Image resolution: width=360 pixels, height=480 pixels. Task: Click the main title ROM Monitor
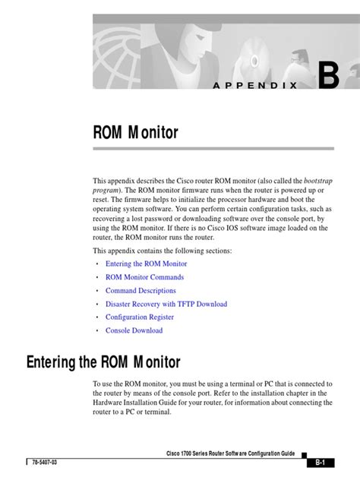coord(135,134)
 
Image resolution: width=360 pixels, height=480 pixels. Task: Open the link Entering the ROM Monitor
coord(146,264)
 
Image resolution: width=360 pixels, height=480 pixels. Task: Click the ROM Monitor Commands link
coord(144,277)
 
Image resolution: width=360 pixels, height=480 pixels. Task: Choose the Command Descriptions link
coord(141,291)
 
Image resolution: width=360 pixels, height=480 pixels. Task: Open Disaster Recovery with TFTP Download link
coord(166,304)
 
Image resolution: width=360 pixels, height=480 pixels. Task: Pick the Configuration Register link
coord(140,317)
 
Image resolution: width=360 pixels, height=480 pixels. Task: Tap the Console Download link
coord(134,330)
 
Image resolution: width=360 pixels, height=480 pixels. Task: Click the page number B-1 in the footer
coord(320,463)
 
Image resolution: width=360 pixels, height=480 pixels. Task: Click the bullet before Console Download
coord(97,331)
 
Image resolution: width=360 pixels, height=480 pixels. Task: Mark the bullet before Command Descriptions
coord(97,291)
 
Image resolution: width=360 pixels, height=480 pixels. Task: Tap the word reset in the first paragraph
coord(101,199)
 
